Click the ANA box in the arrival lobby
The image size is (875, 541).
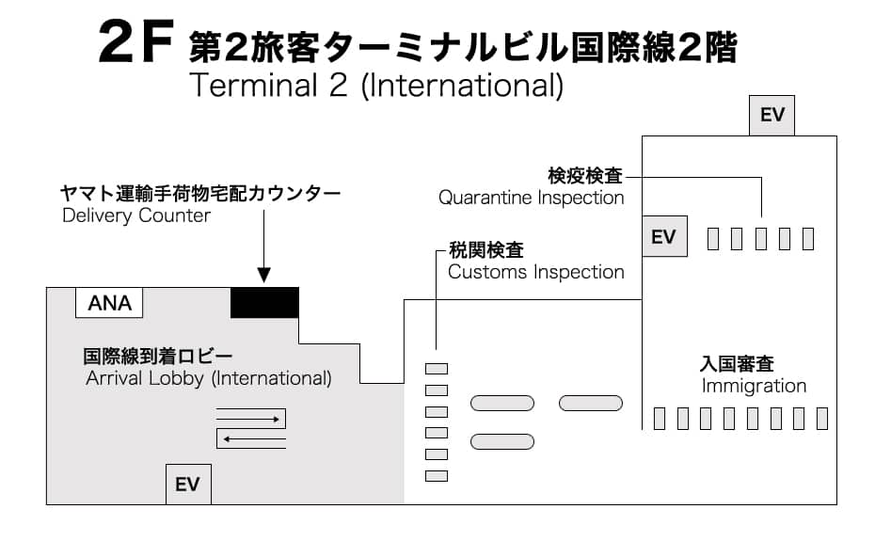pos(109,303)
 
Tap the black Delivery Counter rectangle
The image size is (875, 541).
pos(264,302)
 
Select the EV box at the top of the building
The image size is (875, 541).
pos(772,116)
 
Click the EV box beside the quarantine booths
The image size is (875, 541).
pos(663,237)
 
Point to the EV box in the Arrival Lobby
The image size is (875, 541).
pos(188,485)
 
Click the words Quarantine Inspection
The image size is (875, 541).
pos(531,198)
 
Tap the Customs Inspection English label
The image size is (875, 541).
pos(535,272)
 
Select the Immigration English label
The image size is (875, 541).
pos(754,386)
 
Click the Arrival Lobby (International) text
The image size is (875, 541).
pos(209,378)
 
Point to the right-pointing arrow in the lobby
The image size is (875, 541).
pos(249,419)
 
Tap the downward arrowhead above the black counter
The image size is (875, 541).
pos(264,275)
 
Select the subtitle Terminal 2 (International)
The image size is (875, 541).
pos(375,86)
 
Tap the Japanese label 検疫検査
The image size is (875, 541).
pos(585,176)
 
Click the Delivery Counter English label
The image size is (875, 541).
pos(136,215)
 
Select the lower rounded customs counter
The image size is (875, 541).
pos(501,441)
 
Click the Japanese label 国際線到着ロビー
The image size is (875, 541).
pos(157,357)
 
